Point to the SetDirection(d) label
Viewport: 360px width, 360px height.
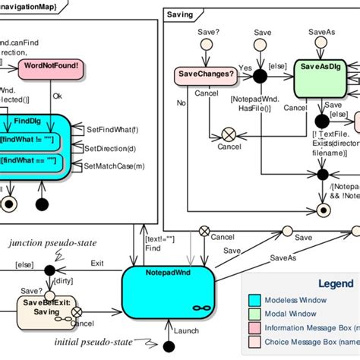(x=109, y=148)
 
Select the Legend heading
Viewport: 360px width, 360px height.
(x=335, y=283)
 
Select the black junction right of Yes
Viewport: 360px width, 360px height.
(x=261, y=74)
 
